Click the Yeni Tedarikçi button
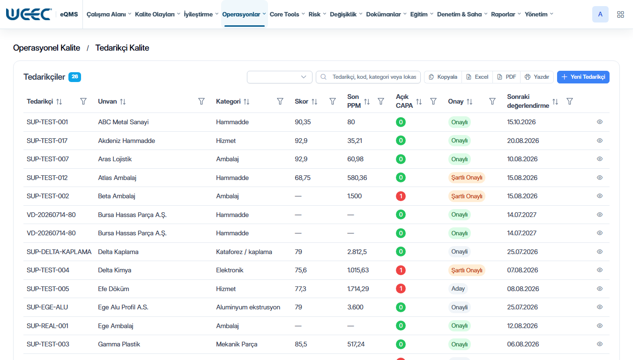[583, 77]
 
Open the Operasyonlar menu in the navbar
[244, 15]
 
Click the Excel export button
[477, 77]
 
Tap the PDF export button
[506, 77]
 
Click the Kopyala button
[443, 77]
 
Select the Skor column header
[301, 102]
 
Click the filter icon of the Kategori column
[280, 102]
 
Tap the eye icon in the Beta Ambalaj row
[600, 196]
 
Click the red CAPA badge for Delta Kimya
[401, 270]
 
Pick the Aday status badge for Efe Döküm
[458, 289]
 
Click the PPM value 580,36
[357, 178]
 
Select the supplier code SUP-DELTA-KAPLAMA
[59, 252]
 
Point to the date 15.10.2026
[521, 122]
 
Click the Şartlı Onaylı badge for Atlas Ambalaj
[467, 178]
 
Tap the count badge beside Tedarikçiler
[74, 77]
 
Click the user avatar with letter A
[600, 15]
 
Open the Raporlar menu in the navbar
[506, 15]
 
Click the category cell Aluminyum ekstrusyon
[248, 307]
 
